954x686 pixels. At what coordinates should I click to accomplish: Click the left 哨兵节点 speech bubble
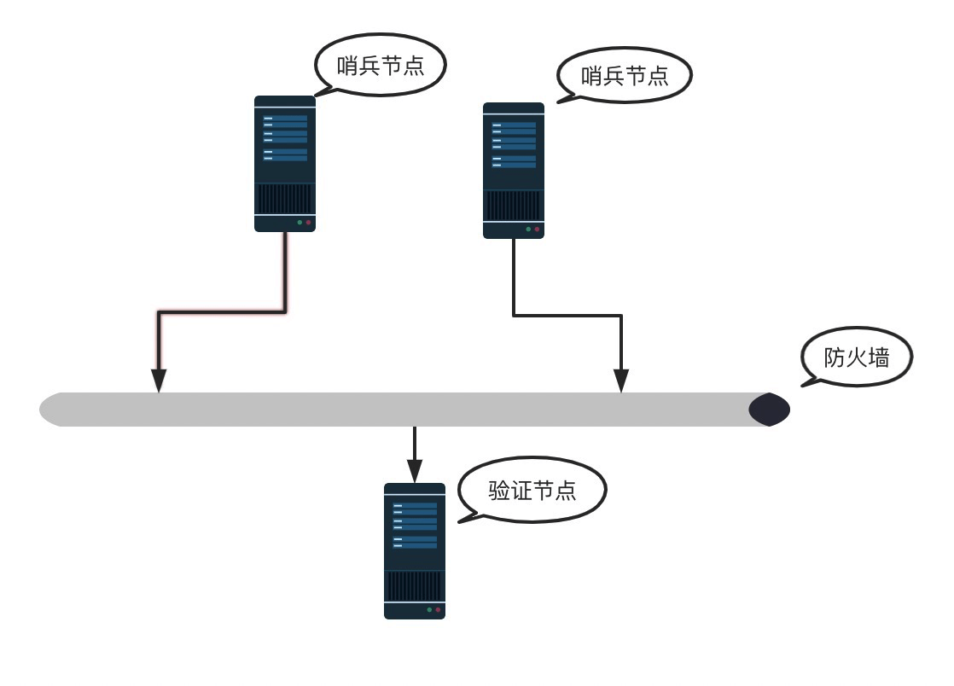pyautogui.click(x=381, y=65)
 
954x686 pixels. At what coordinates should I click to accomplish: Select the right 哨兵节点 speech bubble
pyautogui.click(x=625, y=75)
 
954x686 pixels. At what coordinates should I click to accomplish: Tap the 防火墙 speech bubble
pyautogui.click(x=857, y=357)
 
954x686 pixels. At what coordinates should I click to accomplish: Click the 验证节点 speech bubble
pyautogui.click(x=532, y=490)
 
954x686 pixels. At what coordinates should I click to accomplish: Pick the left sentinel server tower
pyautogui.click(x=285, y=164)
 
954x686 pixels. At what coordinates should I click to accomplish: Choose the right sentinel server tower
pyautogui.click(x=514, y=171)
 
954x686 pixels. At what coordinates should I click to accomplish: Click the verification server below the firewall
pyautogui.click(x=415, y=551)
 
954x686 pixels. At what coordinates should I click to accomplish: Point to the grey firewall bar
pyautogui.click(x=414, y=410)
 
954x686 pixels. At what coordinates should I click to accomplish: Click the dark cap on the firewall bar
pyautogui.click(x=770, y=410)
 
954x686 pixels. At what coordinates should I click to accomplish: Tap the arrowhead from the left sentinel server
pyautogui.click(x=159, y=381)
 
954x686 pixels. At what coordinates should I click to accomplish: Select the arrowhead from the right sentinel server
pyautogui.click(x=621, y=381)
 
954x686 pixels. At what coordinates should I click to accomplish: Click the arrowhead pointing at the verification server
pyautogui.click(x=415, y=471)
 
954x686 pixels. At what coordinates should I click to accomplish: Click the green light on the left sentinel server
pyautogui.click(x=300, y=223)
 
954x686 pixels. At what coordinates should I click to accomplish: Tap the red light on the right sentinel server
pyautogui.click(x=537, y=230)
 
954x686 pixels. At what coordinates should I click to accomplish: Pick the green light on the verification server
pyautogui.click(x=429, y=609)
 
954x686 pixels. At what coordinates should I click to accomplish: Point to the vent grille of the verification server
pyautogui.click(x=415, y=585)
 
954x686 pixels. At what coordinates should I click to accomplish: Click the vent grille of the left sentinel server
pyautogui.click(x=285, y=199)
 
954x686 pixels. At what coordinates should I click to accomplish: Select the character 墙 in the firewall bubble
pyautogui.click(x=879, y=358)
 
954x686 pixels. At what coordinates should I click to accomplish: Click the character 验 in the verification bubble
pyautogui.click(x=499, y=490)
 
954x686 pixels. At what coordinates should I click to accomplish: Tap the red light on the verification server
pyautogui.click(x=438, y=609)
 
